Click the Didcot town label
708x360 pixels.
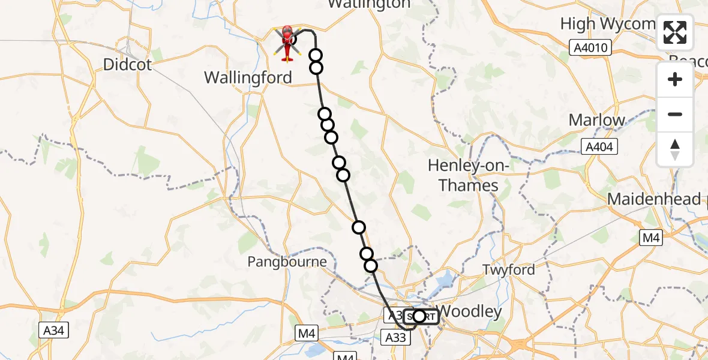click(127, 65)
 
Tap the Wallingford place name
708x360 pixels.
click(248, 77)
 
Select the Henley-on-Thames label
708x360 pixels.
click(469, 175)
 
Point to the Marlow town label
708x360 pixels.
click(596, 120)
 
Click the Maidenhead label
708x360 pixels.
click(654, 199)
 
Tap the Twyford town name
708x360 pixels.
click(508, 270)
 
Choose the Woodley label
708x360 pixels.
click(470, 311)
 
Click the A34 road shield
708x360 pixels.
click(55, 329)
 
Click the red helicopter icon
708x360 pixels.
click(287, 42)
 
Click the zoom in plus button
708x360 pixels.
click(675, 79)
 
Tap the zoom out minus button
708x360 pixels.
click(675, 114)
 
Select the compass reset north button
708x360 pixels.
click(675, 149)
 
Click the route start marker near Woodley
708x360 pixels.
click(419, 316)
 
